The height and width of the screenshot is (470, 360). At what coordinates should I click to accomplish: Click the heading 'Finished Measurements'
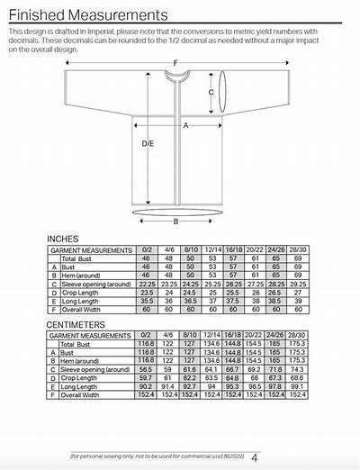tap(87, 14)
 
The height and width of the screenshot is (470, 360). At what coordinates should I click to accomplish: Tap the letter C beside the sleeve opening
tap(211, 92)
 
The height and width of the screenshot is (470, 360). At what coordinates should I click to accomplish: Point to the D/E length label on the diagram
tap(148, 143)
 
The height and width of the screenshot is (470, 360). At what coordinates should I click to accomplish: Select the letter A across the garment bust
tap(185, 126)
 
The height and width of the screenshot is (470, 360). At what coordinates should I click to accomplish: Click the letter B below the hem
tap(175, 221)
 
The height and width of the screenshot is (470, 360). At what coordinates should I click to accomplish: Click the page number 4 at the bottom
tap(255, 457)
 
